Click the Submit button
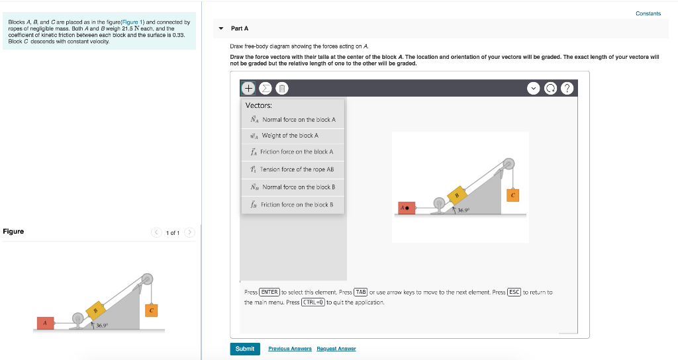click(244, 349)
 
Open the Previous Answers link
click(290, 349)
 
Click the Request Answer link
click(336, 349)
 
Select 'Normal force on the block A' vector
click(293, 120)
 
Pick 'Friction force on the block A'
click(293, 152)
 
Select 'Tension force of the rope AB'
click(293, 169)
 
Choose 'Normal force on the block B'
click(293, 187)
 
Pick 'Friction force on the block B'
click(293, 204)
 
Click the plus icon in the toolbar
click(248, 88)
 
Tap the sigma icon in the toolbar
click(265, 88)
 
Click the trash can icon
click(281, 88)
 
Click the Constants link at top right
click(648, 13)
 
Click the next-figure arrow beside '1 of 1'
click(189, 232)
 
